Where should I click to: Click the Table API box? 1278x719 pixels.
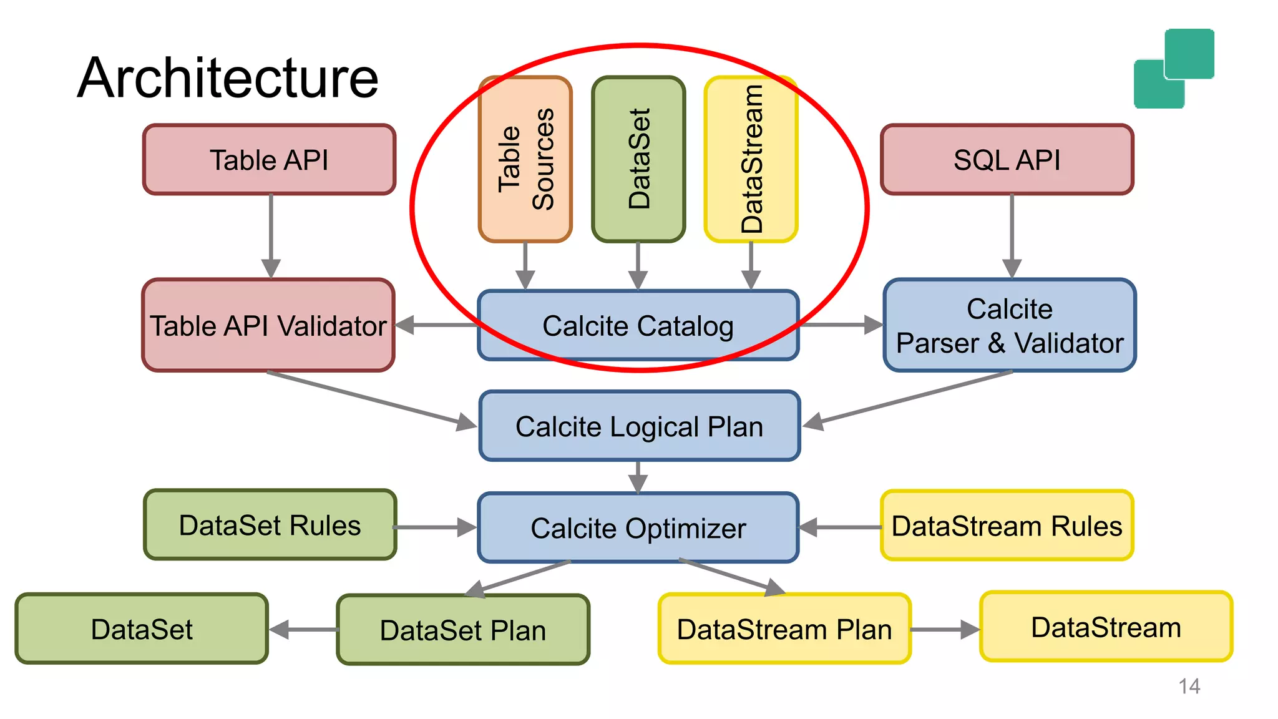269,160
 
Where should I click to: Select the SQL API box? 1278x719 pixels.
1007,160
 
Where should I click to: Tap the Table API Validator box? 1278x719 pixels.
268,325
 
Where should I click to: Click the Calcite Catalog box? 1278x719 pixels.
638,326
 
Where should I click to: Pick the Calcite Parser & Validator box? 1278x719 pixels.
1010,325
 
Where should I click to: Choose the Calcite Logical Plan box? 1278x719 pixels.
639,427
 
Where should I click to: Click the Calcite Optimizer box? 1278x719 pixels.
638,528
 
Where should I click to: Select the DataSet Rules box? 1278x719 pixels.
270,525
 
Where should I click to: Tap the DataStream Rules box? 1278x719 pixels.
1007,526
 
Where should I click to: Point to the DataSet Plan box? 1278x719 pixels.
462,630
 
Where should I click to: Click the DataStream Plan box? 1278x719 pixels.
784,629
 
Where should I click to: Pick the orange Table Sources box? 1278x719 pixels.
525,159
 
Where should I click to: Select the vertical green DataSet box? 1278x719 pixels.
638,159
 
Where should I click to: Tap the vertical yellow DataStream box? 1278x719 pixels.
751,159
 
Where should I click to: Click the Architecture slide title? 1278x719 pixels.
228,77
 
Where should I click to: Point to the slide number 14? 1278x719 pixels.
1189,687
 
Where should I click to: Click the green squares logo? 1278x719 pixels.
1174,68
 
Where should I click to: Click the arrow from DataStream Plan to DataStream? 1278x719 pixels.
945,629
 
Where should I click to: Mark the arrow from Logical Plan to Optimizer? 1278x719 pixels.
638,477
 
